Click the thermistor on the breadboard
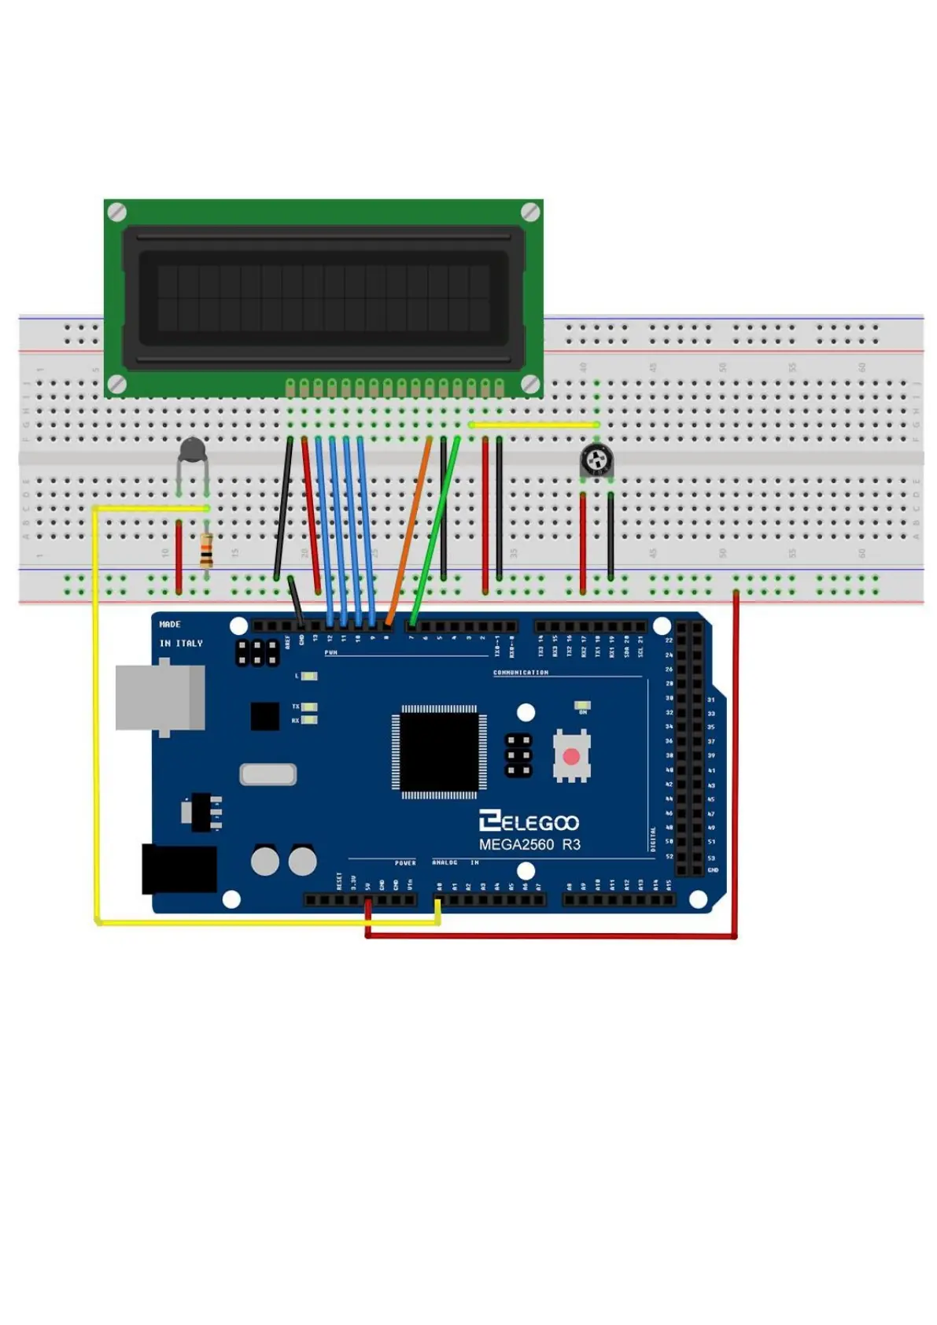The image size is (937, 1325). [193, 452]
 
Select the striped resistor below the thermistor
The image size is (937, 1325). [206, 549]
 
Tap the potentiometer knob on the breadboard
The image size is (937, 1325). [597, 459]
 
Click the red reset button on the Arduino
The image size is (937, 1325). [571, 757]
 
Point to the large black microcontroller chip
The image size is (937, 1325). [439, 751]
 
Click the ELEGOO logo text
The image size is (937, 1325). [529, 822]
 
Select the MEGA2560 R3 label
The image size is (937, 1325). [529, 844]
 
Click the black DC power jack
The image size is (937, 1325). [179, 869]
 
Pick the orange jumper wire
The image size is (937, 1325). [408, 532]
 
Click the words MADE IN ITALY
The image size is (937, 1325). [180, 633]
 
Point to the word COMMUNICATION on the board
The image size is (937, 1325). [521, 673]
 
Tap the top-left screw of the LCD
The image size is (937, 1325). [116, 212]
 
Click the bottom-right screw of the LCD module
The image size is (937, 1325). [531, 384]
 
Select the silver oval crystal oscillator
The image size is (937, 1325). [268, 774]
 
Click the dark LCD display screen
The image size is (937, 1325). [323, 298]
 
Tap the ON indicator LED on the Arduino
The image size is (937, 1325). [583, 705]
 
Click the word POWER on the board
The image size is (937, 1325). [405, 863]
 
